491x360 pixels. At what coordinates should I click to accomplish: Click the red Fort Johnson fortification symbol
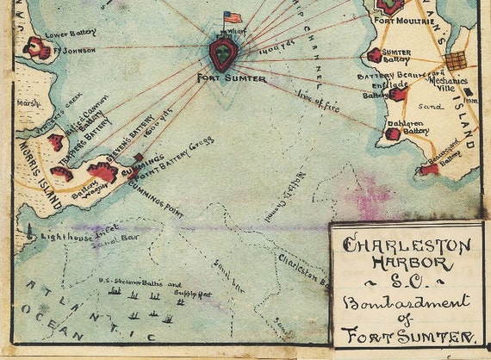pyautogui.click(x=36, y=48)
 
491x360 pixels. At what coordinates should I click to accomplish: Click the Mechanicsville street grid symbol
pyautogui.click(x=455, y=60)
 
